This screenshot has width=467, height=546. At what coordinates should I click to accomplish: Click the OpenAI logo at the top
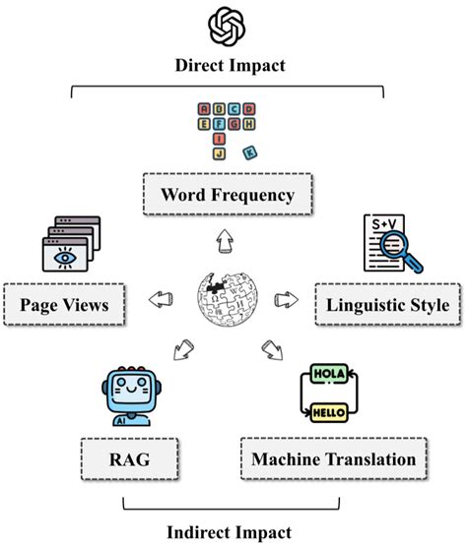[229, 26]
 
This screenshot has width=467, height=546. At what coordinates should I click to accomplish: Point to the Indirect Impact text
[228, 531]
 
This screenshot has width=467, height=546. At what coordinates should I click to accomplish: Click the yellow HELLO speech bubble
[329, 413]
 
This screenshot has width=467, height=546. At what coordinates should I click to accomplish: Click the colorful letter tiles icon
[226, 128]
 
